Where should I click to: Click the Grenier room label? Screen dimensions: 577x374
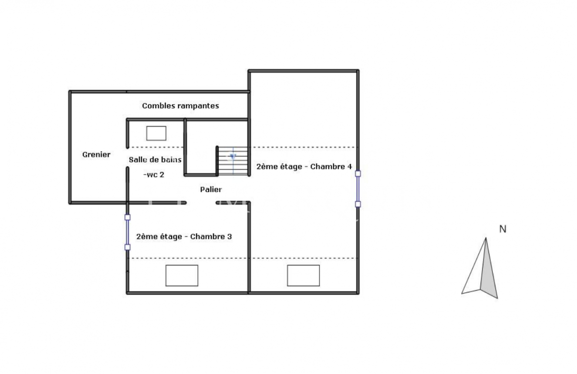point(96,154)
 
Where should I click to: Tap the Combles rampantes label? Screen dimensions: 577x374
point(181,106)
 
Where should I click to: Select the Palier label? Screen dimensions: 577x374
point(211,189)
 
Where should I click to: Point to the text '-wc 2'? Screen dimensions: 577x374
point(154,175)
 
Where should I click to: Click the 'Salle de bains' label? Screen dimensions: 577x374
point(155,160)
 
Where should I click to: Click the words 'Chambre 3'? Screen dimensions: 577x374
point(211,237)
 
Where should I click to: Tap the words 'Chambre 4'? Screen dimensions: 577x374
point(331,167)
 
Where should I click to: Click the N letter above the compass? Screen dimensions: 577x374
point(503,229)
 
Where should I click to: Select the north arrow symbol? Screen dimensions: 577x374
point(480,268)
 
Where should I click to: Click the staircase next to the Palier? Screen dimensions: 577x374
point(233,161)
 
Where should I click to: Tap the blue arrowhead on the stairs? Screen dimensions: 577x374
point(233,156)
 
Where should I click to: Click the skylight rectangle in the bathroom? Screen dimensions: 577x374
point(156,133)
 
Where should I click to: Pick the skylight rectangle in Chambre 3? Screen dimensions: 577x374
point(182,275)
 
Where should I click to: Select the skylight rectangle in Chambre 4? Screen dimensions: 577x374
point(303,275)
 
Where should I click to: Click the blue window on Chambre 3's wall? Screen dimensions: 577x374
point(127,232)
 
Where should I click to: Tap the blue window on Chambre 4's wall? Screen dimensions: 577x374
point(358,189)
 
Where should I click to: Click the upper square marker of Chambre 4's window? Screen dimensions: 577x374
point(358,174)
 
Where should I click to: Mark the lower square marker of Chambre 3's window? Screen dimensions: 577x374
point(127,247)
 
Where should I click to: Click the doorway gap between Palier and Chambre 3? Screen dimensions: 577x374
point(201,203)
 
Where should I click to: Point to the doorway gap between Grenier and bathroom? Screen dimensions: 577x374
point(127,158)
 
